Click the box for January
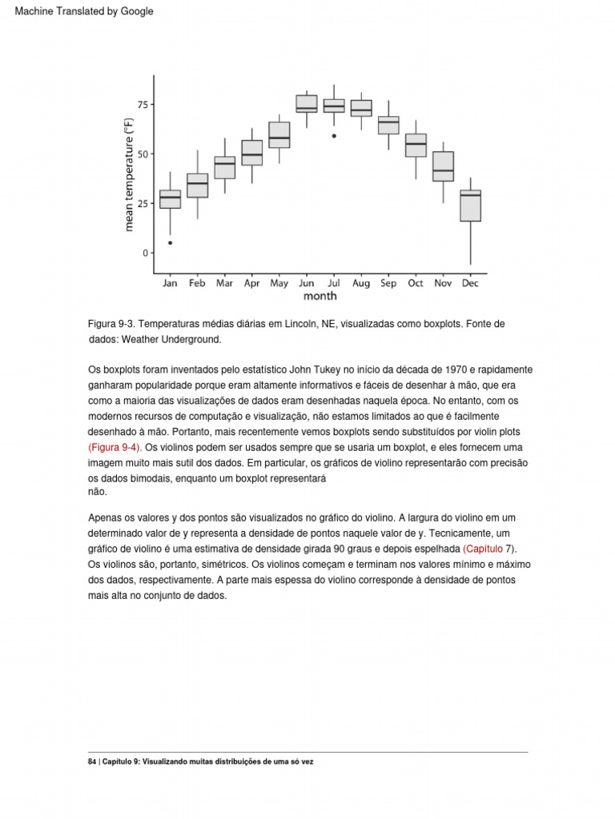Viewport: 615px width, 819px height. [x=170, y=199]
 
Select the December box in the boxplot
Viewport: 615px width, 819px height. [x=471, y=206]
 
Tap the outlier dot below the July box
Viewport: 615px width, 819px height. [x=334, y=136]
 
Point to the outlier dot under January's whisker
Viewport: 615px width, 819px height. [x=170, y=242]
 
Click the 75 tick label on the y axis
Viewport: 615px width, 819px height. [x=143, y=105]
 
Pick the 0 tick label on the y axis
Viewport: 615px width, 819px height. [x=146, y=253]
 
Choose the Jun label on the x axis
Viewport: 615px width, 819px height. [x=306, y=283]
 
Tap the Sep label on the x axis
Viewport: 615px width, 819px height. [x=388, y=283]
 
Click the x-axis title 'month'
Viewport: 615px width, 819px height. [x=320, y=297]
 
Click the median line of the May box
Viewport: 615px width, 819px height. [x=279, y=138]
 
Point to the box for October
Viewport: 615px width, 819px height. [x=416, y=145]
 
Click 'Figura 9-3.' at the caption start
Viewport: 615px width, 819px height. [x=111, y=324]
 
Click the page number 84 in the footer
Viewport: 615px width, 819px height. [x=92, y=762]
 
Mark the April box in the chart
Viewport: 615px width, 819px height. [x=251, y=153]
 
